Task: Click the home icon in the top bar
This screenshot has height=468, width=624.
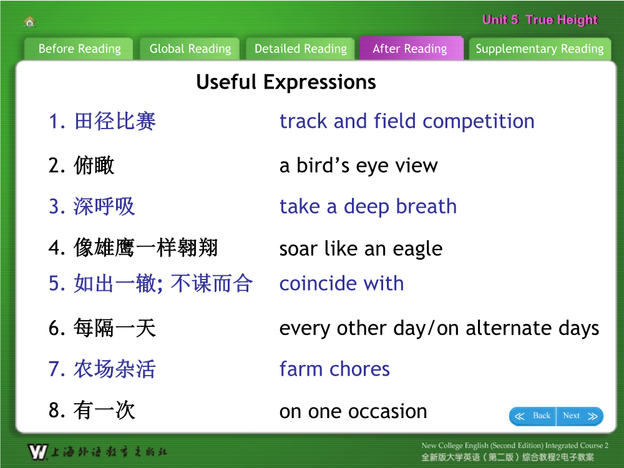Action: (x=30, y=21)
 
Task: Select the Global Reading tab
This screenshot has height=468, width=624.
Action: (x=190, y=49)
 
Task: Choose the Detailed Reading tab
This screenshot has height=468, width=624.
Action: (x=301, y=49)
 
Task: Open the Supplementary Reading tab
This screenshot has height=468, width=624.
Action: (x=540, y=49)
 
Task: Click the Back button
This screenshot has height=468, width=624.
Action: (x=533, y=416)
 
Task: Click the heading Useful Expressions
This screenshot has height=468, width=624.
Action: (x=286, y=82)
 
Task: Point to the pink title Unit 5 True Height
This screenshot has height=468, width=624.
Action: (x=540, y=19)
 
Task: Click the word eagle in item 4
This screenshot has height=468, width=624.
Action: (x=417, y=250)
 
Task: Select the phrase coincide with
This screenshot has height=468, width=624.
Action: (x=341, y=283)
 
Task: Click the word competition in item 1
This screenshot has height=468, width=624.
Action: (x=479, y=122)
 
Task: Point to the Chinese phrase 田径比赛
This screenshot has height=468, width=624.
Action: (x=115, y=121)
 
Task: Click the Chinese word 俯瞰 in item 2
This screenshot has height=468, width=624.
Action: (x=94, y=165)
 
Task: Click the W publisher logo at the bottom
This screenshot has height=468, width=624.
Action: (x=38, y=452)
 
